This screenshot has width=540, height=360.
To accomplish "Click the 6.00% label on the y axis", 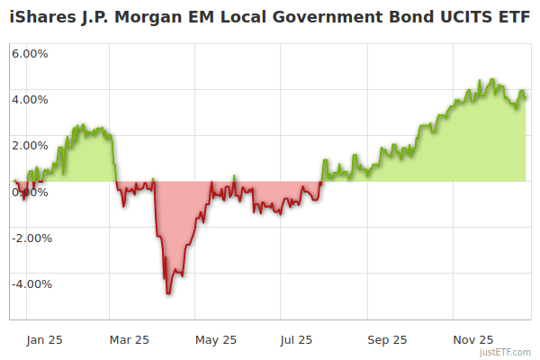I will (30, 53).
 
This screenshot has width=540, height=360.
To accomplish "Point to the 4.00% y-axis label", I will (30, 99).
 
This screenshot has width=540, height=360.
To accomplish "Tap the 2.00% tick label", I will (30, 145).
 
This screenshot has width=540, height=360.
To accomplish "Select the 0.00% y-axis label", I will (30, 192).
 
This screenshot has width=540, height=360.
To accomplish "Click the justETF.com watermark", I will (505, 352).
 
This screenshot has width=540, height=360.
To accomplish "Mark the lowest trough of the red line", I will (168, 293).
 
